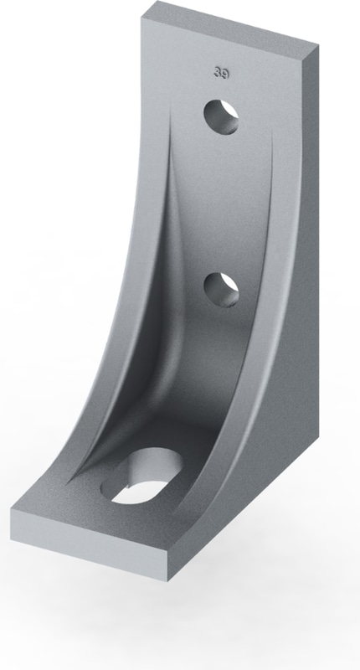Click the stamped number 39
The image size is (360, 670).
coord(222,73)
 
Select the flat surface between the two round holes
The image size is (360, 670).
coord(222,201)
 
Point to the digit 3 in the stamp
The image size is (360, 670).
coord(218,73)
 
